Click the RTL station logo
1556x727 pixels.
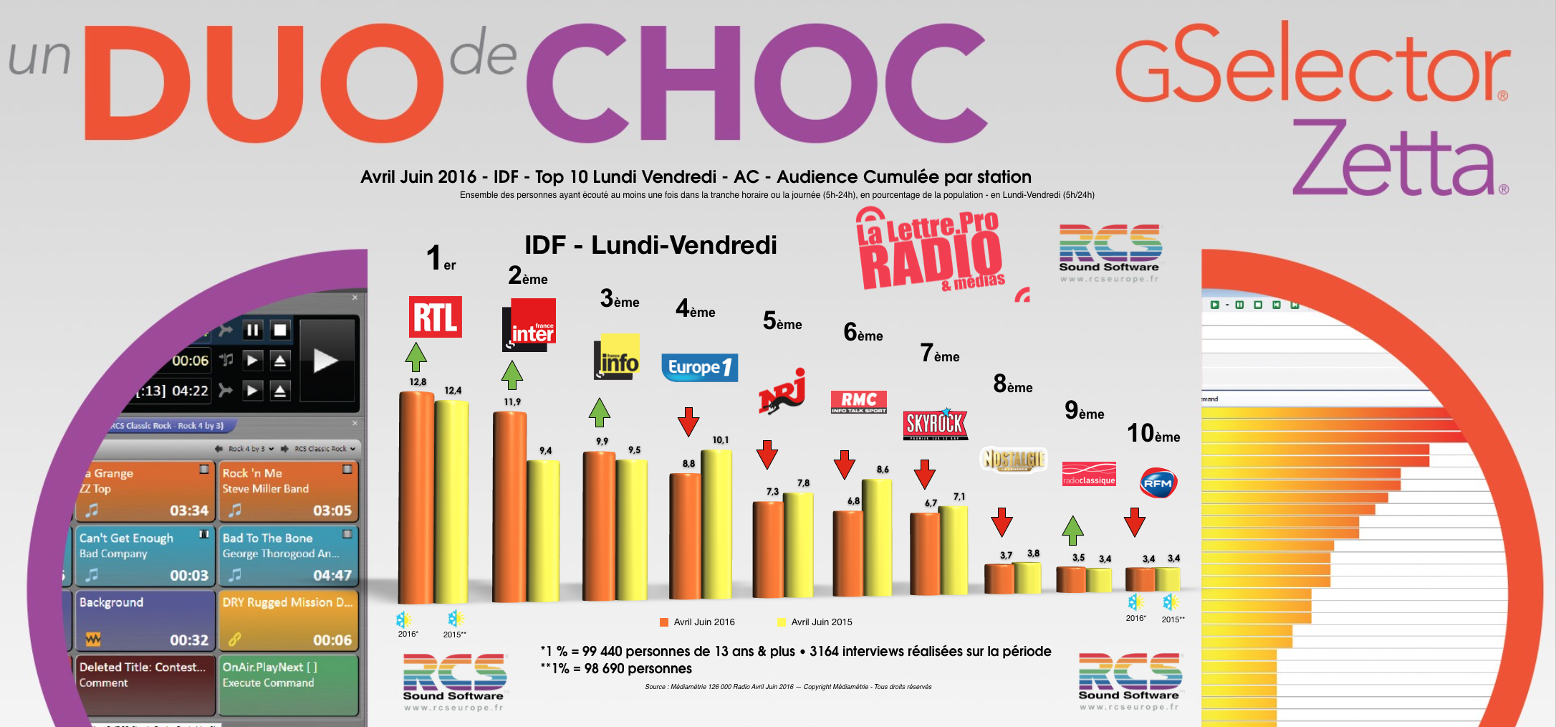pos(435,317)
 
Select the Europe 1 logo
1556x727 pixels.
pos(699,367)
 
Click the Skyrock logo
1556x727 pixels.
pos(936,424)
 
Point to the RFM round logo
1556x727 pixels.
pos(1158,483)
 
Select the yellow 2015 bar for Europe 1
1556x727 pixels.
pos(716,523)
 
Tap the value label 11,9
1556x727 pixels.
pos(512,402)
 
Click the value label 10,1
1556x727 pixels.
pos(721,440)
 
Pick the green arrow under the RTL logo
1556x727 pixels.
pos(416,357)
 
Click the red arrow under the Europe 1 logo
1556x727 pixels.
pos(688,422)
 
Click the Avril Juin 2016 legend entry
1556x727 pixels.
pos(698,622)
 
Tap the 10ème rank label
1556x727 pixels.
pos(1153,433)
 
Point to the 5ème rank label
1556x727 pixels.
pos(782,321)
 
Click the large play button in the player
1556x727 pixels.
pos(326,361)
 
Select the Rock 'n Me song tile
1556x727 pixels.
pos(287,491)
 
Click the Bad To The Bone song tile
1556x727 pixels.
pos(287,556)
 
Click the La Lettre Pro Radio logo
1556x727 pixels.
pos(931,251)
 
